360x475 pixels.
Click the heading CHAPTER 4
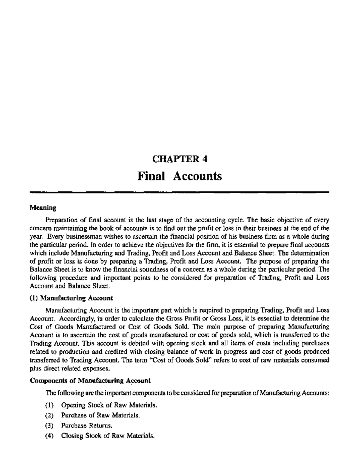point(180,159)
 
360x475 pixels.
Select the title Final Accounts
point(180,176)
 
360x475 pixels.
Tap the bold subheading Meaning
point(43,207)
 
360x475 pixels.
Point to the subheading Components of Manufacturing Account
point(90,381)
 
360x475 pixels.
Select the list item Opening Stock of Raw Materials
point(109,405)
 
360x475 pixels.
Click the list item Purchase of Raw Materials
point(100,416)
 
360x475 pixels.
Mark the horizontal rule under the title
point(180,192)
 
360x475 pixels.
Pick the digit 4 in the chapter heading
point(205,159)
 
